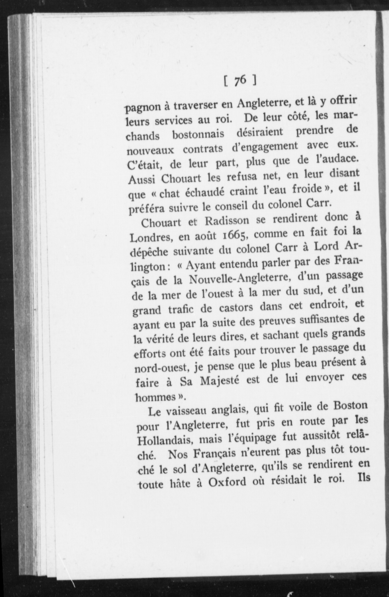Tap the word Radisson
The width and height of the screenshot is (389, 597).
tap(227, 221)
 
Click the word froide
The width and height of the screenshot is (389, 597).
tap(307, 188)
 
